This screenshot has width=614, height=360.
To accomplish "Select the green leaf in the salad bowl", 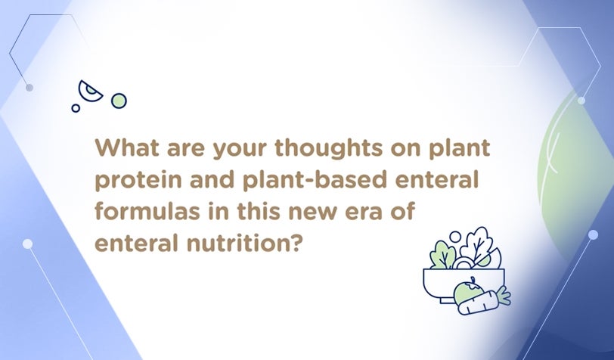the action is pyautogui.click(x=442, y=255).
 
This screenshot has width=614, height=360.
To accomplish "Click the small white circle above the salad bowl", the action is pyautogui.click(x=455, y=237).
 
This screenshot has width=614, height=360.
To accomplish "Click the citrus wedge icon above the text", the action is pyautogui.click(x=89, y=92).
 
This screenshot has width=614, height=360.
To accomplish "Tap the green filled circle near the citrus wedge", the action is pyautogui.click(x=119, y=101).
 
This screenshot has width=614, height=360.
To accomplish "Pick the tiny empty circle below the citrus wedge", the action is pyautogui.click(x=76, y=108).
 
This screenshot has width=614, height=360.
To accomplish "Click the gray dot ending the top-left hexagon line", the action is pyautogui.click(x=29, y=88).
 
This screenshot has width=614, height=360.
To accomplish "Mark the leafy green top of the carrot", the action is pyautogui.click(x=504, y=296).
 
